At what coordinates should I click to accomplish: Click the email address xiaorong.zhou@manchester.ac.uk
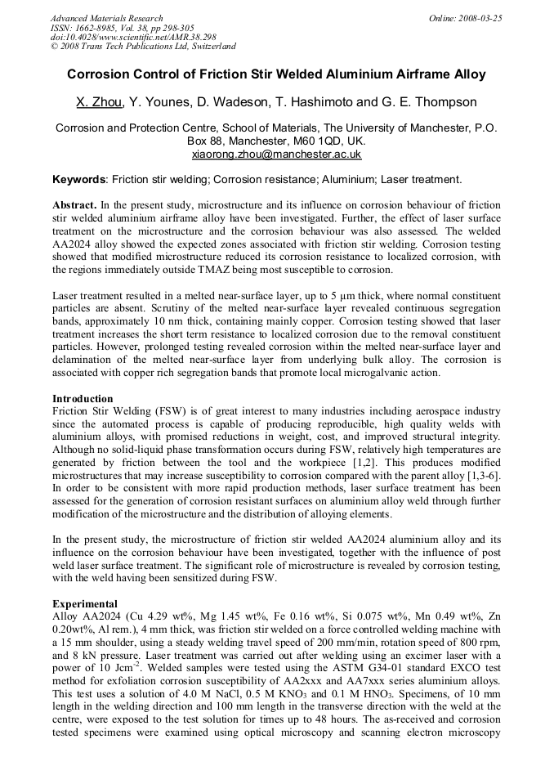276,154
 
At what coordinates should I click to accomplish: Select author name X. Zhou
99,102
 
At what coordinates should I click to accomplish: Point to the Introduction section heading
83,399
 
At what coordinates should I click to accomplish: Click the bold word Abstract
75,204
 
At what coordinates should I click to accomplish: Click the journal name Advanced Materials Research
106,18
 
